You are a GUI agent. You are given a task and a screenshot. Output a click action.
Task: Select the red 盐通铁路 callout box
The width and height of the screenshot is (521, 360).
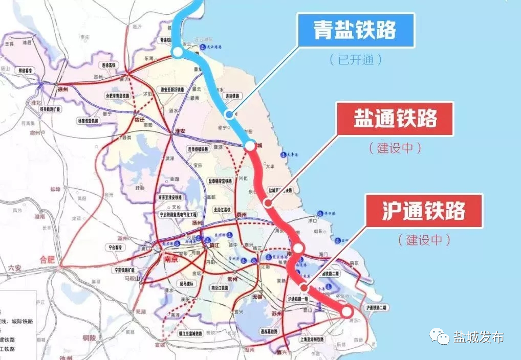coord(395,119)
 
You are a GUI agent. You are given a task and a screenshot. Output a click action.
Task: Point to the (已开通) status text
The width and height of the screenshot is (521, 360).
coord(356,59)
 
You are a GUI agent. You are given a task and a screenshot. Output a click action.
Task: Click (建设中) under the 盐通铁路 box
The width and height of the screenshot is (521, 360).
coord(395,148)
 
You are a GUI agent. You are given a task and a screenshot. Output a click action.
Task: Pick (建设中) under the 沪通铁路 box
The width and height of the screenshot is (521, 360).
coord(424,239)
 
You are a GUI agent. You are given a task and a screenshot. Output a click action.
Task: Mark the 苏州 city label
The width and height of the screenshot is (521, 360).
coord(276,313)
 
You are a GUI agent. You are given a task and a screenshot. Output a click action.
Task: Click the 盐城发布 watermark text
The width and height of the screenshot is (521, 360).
coord(479,337)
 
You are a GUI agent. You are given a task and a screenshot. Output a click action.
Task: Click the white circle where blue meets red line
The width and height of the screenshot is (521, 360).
coord(250,146)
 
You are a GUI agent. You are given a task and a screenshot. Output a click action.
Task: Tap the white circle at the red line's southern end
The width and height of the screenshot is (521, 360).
coord(347,310)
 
